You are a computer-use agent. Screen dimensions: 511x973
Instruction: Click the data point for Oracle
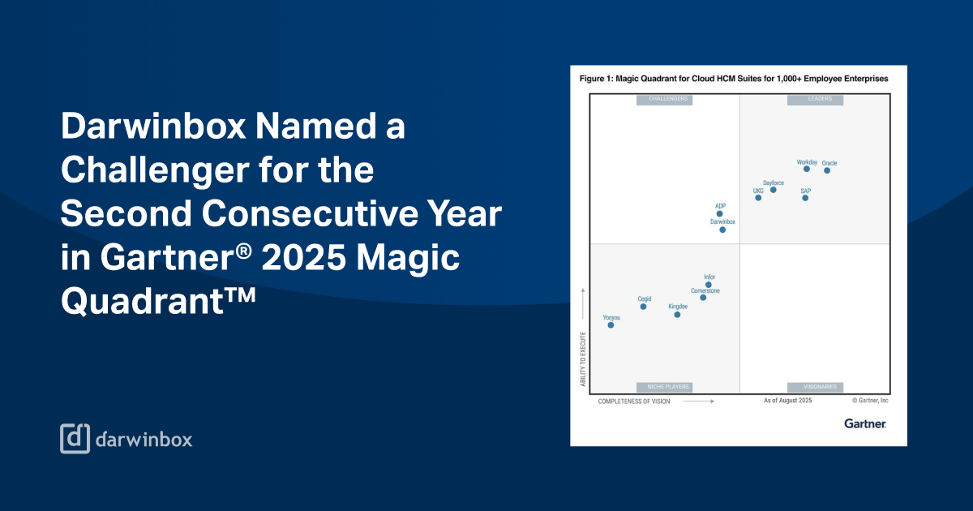[827, 170]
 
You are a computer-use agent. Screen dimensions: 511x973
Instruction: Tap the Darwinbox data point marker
[722, 230]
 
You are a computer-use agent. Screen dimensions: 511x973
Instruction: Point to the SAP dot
[805, 198]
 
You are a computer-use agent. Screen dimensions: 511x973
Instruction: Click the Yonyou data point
[611, 325]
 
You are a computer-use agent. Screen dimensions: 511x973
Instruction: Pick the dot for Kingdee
[677, 315]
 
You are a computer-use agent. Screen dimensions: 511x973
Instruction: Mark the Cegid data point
[643, 307]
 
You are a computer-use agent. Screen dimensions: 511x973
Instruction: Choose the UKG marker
[758, 198]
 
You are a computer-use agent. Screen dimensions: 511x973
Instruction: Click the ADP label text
[720, 206]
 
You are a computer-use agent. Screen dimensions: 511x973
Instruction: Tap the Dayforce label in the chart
[773, 183]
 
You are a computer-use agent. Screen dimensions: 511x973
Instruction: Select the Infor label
[709, 277]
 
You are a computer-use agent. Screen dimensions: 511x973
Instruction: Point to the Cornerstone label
[705, 290]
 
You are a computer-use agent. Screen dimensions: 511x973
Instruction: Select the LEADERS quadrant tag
[815, 99]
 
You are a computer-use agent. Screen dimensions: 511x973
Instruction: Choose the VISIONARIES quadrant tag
[815, 387]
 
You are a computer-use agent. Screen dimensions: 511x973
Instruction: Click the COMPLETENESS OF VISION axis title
[634, 401]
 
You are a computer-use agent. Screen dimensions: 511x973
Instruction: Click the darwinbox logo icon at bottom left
[75, 438]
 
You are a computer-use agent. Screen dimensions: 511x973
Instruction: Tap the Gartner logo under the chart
[864, 423]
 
